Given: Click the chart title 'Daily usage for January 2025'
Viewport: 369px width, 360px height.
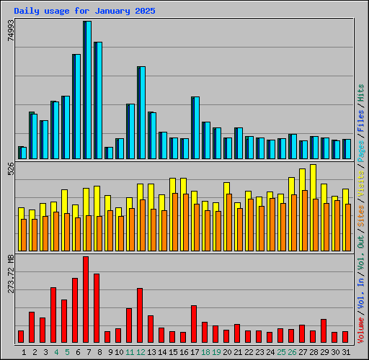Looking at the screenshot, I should coord(84,12).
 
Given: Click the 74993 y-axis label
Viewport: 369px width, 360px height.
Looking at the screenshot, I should coord(11,31).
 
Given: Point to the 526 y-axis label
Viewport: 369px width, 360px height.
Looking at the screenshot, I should coord(11,169).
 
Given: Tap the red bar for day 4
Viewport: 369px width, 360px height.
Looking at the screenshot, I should coord(53,315).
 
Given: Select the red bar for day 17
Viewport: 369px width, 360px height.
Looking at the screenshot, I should coord(194,323).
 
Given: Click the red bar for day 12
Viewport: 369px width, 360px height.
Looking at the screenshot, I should coord(140,315).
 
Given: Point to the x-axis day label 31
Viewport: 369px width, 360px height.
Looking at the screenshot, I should coord(344,352).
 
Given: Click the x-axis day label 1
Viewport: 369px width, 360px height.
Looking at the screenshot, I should coord(25,352).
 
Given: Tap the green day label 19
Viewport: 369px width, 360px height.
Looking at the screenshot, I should coord(215,352).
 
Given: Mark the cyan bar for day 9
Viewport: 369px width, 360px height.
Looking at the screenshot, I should coord(109,153).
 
